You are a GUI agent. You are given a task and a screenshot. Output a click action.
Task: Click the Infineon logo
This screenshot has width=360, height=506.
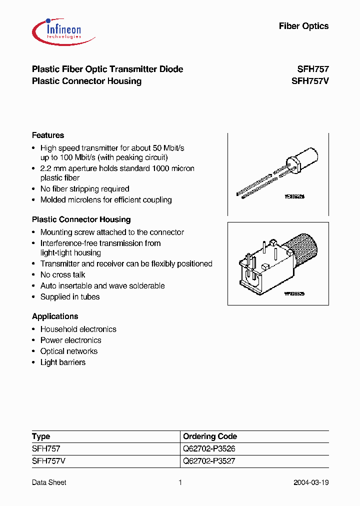pos(56,29)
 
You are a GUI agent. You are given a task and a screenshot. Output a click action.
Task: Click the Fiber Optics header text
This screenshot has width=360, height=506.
pos(303,26)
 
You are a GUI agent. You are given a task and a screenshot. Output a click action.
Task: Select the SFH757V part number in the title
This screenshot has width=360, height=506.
pos(310,81)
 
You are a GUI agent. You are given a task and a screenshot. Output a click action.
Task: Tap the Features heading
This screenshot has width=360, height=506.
pos(48,135)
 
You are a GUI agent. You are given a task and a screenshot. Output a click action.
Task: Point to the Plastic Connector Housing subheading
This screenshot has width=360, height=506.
pos(81,219)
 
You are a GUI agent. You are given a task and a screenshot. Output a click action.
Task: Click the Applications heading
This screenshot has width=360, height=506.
pos(55,316)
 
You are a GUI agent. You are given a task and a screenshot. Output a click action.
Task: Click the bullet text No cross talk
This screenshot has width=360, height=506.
pos(62,275)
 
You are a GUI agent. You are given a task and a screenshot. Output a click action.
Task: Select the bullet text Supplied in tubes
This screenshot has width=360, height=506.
pos(70,297)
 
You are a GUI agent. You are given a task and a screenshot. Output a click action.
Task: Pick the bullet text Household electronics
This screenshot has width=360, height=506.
pos(78,329)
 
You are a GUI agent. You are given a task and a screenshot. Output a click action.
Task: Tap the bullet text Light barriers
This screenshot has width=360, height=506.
pos(62,362)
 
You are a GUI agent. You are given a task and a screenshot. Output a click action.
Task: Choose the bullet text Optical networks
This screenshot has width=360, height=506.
pos(68,351)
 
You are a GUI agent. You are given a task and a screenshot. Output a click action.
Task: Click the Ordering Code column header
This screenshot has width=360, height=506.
pos(210,436)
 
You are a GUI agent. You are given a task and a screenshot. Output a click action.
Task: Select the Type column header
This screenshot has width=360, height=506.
pos(41,436)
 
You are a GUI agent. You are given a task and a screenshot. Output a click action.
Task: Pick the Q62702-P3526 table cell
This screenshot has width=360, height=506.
pos(209,449)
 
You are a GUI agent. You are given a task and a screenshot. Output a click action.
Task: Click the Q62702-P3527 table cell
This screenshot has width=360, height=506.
pos(209,461)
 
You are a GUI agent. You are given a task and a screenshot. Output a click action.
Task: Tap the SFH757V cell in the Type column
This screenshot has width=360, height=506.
pos(48,461)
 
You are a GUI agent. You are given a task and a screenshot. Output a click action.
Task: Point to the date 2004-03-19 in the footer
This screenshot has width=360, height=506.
pos(311,482)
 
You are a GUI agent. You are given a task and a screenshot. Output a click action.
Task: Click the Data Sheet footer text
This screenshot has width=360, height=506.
pos(49,482)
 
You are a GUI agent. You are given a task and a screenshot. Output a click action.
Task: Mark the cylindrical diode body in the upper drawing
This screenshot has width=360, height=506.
pos(305,161)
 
